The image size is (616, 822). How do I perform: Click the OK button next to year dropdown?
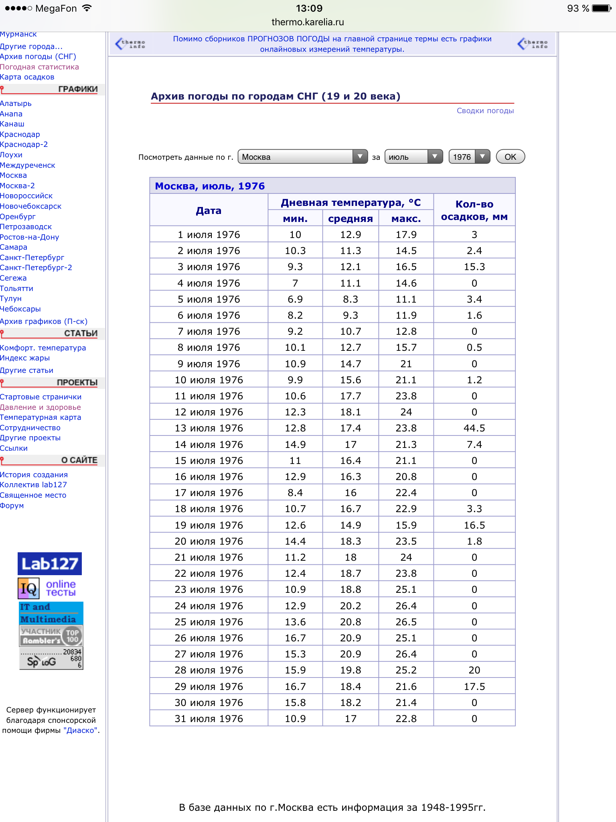(x=510, y=157)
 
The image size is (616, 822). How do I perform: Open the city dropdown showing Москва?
(x=302, y=157)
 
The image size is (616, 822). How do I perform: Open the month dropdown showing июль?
(x=413, y=157)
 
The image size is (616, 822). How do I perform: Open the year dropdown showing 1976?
(x=469, y=157)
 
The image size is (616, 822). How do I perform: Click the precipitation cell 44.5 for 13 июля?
(x=474, y=428)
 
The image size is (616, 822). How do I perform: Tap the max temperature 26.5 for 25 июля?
(x=406, y=622)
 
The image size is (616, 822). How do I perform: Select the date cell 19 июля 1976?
(x=209, y=525)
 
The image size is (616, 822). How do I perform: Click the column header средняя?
(x=350, y=219)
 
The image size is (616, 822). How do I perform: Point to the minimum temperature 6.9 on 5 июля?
(x=295, y=299)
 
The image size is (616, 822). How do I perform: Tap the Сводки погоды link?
(x=485, y=111)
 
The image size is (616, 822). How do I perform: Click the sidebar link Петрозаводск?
(x=26, y=227)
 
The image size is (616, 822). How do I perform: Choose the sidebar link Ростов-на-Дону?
(x=30, y=237)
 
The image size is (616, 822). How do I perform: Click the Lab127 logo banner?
(x=50, y=564)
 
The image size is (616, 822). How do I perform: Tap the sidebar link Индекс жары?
(x=25, y=358)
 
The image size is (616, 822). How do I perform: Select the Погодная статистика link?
(x=39, y=67)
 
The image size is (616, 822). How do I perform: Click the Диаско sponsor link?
(x=80, y=730)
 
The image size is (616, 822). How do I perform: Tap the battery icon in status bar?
(x=602, y=8)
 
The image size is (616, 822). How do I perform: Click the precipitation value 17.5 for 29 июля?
(x=474, y=686)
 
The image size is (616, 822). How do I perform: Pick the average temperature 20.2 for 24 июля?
(x=350, y=606)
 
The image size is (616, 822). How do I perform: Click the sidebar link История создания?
(x=34, y=475)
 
